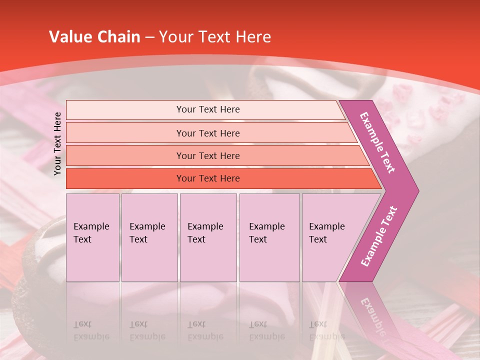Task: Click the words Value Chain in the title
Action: coord(94,37)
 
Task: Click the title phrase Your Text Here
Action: coord(215,37)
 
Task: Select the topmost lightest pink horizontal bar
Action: coord(125,109)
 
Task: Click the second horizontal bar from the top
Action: coord(125,133)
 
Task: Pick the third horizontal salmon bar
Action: coord(125,155)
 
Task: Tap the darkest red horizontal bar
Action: coord(125,178)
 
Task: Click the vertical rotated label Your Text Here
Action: coord(57,143)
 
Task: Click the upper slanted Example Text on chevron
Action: coord(377,142)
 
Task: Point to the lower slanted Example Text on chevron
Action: coord(378,236)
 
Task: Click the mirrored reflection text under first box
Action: coord(91,330)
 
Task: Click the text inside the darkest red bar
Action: coord(208,178)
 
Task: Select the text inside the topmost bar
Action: coord(208,109)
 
